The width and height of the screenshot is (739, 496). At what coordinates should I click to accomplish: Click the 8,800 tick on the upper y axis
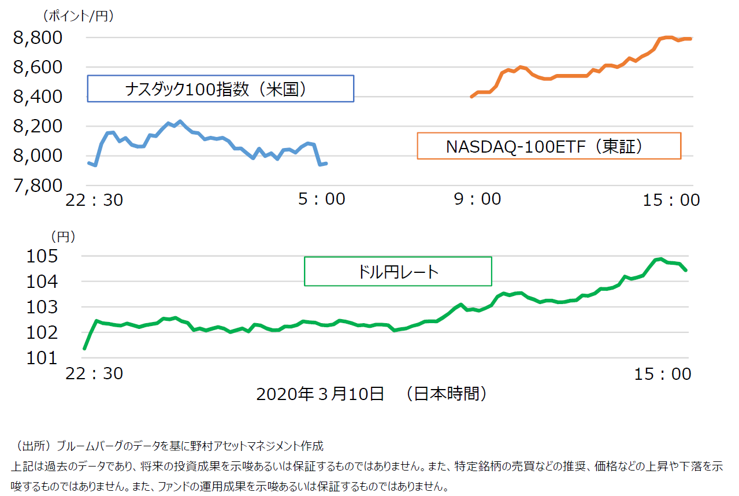click(x=37, y=38)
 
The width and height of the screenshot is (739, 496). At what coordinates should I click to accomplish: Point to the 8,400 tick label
click(x=37, y=97)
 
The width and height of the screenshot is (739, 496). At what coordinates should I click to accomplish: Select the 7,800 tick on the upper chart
click(x=37, y=186)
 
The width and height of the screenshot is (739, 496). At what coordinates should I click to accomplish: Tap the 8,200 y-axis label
click(x=37, y=127)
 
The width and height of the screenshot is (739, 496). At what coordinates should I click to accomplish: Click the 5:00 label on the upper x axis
click(x=322, y=199)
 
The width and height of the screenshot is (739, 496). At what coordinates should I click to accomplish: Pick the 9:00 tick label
click(x=477, y=199)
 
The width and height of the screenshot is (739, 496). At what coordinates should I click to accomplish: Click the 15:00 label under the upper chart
click(x=671, y=200)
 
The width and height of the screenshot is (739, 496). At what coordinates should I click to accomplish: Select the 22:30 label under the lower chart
click(x=94, y=373)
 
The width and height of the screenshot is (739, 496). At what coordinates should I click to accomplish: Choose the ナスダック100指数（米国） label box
click(x=220, y=88)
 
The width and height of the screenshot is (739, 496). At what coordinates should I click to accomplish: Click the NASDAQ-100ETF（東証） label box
click(x=549, y=146)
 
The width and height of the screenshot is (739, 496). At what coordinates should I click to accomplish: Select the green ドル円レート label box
click(x=398, y=271)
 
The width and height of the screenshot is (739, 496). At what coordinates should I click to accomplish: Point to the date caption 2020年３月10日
click(x=320, y=394)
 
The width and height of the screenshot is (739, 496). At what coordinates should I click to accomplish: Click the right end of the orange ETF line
click(x=691, y=39)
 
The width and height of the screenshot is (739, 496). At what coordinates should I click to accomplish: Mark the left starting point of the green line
click(x=84, y=349)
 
